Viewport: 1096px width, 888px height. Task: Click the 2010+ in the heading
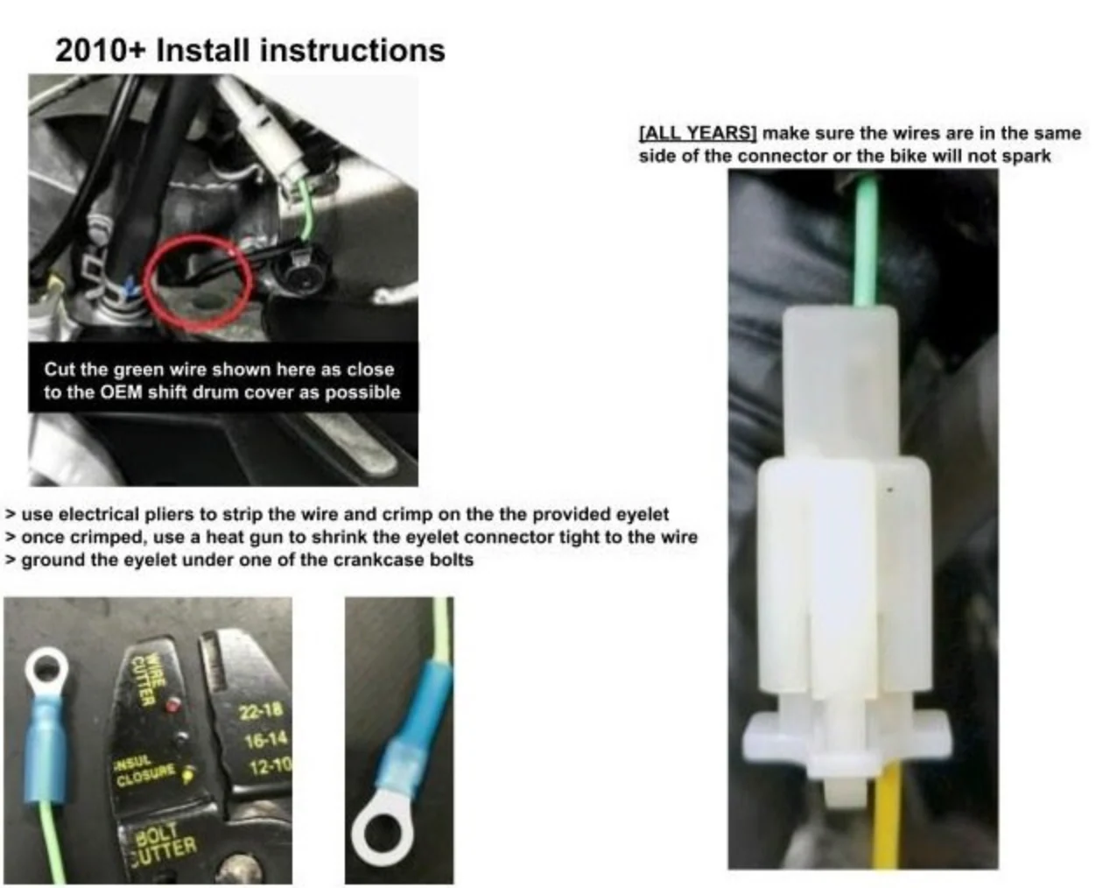[101, 51]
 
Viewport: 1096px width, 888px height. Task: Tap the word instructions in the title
[353, 51]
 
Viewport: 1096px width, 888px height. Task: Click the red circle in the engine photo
[198, 283]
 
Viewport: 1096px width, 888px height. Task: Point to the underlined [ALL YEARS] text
[697, 133]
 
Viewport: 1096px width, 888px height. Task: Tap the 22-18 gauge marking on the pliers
[261, 711]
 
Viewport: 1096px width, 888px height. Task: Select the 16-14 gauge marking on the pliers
[265, 740]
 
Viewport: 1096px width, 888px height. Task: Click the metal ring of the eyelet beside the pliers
[46, 670]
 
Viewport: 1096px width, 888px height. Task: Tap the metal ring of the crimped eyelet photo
[383, 834]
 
